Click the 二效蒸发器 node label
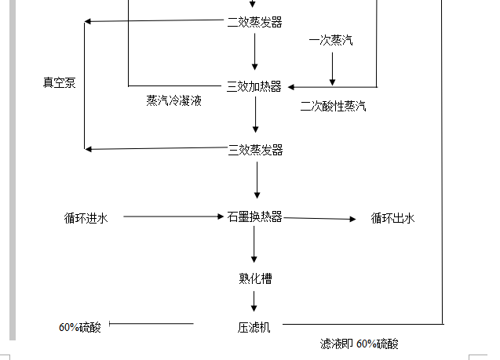pos(254,22)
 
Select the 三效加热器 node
pos(254,86)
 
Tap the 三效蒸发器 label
pos(255,149)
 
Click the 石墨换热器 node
pos(254,216)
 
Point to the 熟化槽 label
pos(255,278)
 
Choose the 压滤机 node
pos(254,326)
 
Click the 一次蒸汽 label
pos(331,40)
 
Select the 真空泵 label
pos(60,82)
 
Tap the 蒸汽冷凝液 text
pos(173,100)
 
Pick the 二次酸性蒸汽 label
pos(333,107)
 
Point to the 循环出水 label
pos(392,218)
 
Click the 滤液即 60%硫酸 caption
pos(359,344)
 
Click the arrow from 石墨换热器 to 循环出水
pos(319,218)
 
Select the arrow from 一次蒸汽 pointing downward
pos(332,69)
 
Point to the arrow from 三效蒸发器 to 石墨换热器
pos(255,182)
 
